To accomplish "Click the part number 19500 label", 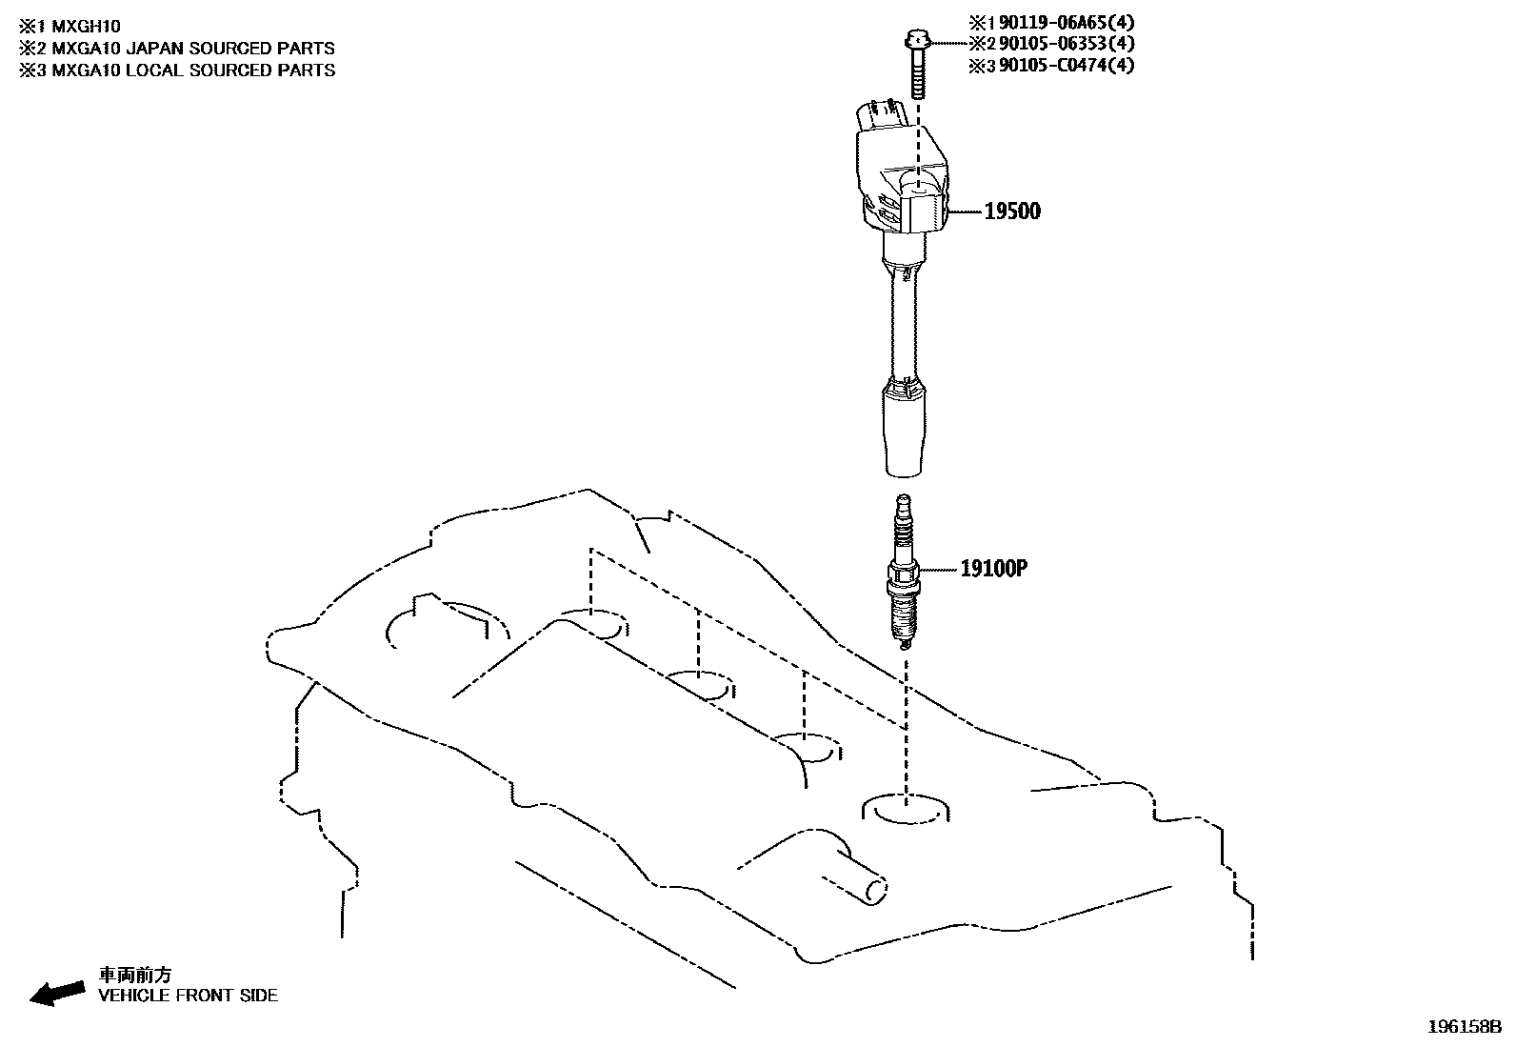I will click(x=1011, y=211).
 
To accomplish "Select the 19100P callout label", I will click(x=993, y=569).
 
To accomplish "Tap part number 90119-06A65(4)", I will click(x=1063, y=21).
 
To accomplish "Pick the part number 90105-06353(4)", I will click(x=1063, y=43).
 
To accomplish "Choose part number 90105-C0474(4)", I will click(x=1063, y=65).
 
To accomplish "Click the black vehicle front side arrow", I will click(x=56, y=992).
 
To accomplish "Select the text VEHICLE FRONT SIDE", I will click(x=189, y=996).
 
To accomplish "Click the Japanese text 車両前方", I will click(x=136, y=976).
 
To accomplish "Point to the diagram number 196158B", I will click(x=1464, y=1027).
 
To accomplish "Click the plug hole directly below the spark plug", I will click(x=907, y=810).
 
